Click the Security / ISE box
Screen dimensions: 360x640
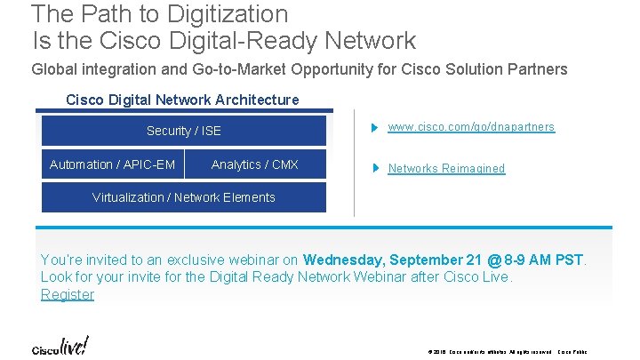click(183, 131)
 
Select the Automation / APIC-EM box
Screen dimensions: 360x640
click(112, 164)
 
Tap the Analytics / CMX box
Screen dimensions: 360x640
click(255, 164)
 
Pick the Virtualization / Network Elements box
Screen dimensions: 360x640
click(184, 197)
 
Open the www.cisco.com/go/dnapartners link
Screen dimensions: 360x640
click(471, 127)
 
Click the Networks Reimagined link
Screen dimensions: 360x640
click(446, 168)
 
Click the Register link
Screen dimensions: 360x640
click(68, 294)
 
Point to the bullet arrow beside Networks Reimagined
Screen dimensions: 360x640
click(377, 168)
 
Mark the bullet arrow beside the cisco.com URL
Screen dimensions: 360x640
click(377, 127)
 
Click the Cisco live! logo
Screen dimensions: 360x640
click(60, 347)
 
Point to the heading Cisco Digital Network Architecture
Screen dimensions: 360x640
click(182, 100)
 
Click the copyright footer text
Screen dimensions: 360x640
click(507, 352)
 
